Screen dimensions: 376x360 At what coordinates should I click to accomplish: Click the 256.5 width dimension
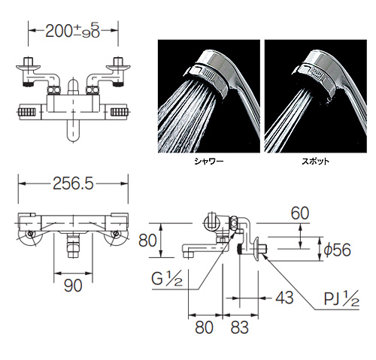73,183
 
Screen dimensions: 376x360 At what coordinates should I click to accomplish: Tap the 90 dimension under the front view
73,286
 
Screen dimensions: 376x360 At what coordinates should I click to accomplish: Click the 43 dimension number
284,298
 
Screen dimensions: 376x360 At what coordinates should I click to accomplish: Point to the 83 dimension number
240,327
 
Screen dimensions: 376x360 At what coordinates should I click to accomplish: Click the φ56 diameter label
338,250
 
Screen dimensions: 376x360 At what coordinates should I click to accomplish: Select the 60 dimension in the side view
300,213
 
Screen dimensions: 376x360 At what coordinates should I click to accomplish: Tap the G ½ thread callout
167,279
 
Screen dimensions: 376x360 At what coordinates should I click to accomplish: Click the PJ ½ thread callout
342,298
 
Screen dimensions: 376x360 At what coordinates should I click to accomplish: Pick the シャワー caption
209,162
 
